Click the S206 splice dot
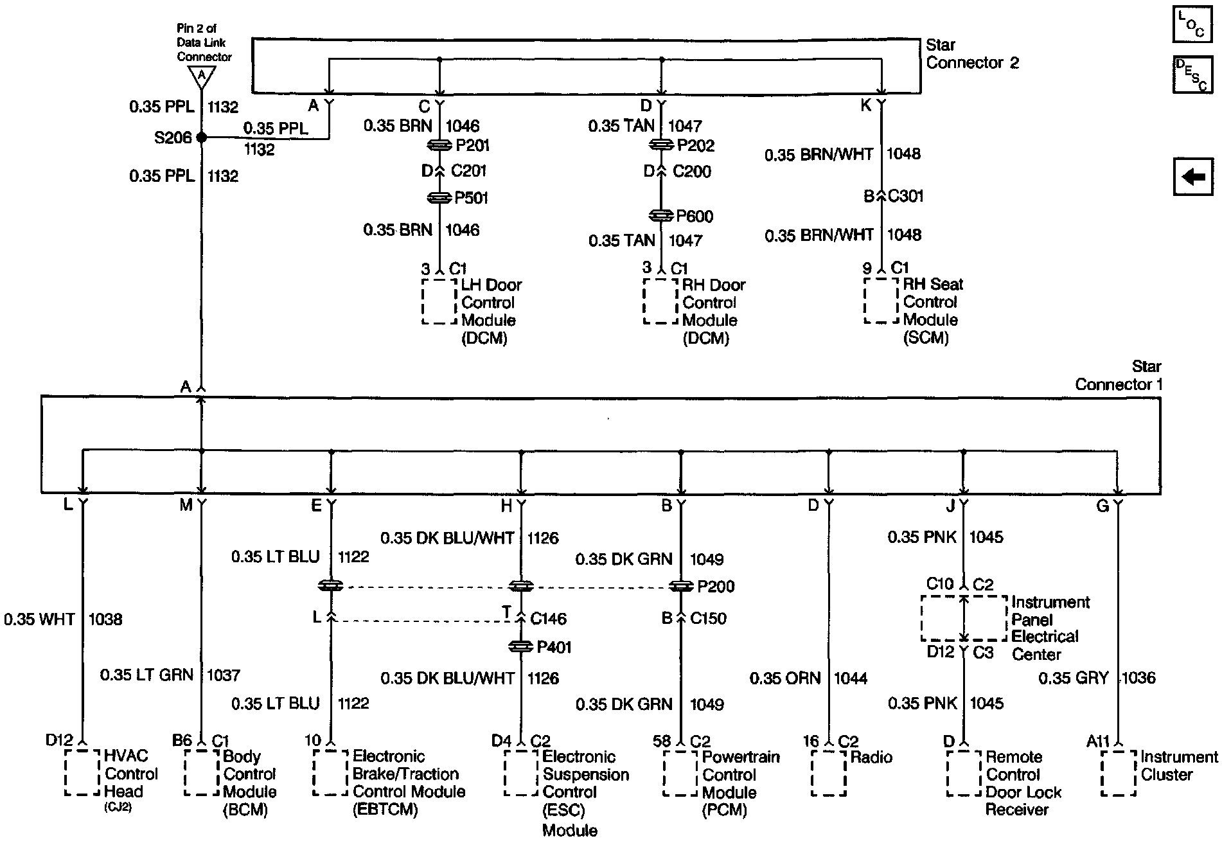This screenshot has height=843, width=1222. tap(202, 138)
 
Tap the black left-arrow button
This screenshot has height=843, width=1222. tap(1192, 177)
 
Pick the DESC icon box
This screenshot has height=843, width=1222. tap(1192, 75)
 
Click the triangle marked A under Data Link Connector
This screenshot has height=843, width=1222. tap(202, 76)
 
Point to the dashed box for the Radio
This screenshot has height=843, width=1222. tap(829, 773)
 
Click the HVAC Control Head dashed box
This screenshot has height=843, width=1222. tap(82, 773)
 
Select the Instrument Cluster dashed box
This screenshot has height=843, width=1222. tap(1119, 773)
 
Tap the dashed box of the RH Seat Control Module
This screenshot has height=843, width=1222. tap(881, 301)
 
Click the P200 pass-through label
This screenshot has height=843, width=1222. tap(716, 587)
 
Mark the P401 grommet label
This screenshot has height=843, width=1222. tap(554, 647)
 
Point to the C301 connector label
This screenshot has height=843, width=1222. tap(905, 196)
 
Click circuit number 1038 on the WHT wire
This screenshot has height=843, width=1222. tap(105, 619)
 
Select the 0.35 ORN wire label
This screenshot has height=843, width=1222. tap(785, 679)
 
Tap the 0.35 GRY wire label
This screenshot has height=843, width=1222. tap(1074, 678)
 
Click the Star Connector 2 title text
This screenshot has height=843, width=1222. tap(972, 54)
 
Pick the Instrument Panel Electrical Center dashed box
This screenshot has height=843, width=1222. tap(964, 618)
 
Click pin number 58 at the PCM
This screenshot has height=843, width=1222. tap(662, 741)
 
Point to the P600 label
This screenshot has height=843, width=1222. tap(695, 217)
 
